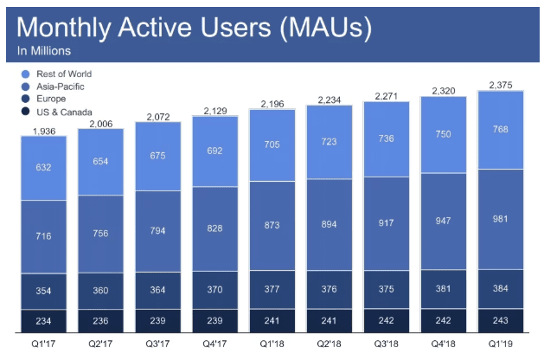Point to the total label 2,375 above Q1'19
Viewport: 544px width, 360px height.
[500, 84]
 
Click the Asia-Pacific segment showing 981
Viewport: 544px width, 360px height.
[500, 218]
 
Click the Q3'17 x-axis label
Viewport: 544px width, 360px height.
[157, 344]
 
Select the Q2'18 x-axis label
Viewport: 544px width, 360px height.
[329, 344]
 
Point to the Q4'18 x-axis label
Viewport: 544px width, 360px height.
[443, 344]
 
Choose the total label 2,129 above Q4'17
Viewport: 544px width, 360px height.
[214, 110]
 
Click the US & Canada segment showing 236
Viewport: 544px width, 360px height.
[100, 319]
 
